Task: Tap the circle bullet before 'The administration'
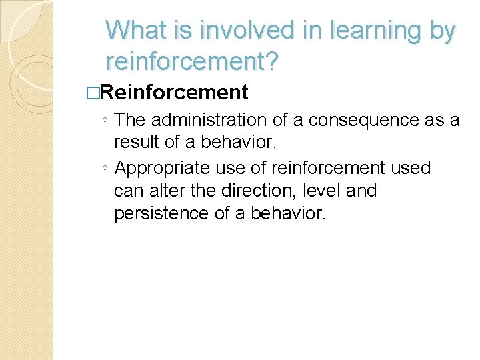click(106, 121)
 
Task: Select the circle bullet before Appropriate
click(106, 169)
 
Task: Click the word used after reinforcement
click(411, 168)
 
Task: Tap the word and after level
click(362, 191)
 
